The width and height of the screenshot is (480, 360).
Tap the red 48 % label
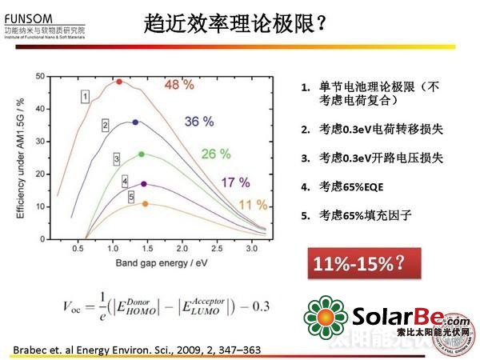coord(180,84)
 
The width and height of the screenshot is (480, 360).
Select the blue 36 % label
coord(199,122)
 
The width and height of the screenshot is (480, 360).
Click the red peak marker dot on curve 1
coord(119,82)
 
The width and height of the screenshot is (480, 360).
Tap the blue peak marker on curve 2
coord(134,122)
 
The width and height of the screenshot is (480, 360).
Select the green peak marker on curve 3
coord(142,154)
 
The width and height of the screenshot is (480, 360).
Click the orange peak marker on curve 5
coord(145,204)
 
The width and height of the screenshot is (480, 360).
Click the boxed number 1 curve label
coord(84,96)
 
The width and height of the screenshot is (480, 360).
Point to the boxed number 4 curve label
coord(125,182)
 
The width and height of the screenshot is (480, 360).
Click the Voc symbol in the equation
coord(72,305)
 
